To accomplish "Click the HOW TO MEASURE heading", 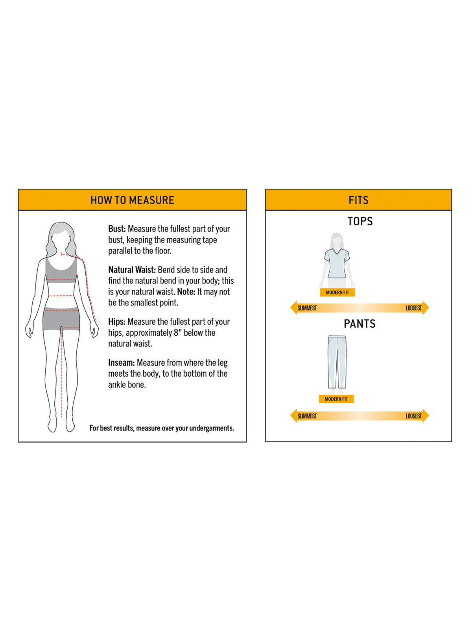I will click(132, 200).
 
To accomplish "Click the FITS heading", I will click(358, 200).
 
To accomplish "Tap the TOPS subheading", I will click(360, 221).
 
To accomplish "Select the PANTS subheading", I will click(360, 324).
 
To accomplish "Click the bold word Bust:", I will click(117, 229).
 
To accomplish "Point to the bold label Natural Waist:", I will click(132, 270).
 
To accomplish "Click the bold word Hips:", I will click(117, 322).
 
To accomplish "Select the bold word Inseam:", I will click(121, 362).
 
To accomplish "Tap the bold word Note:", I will click(186, 292).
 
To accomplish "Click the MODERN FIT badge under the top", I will click(337, 292).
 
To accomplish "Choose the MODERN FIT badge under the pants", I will click(336, 399).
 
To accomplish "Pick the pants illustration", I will click(337, 362).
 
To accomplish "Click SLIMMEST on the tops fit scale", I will click(307, 308).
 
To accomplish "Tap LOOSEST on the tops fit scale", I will click(413, 308).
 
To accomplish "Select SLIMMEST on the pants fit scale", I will click(307, 416).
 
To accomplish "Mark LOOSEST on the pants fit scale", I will click(413, 416).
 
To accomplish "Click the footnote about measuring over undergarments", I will click(162, 428).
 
